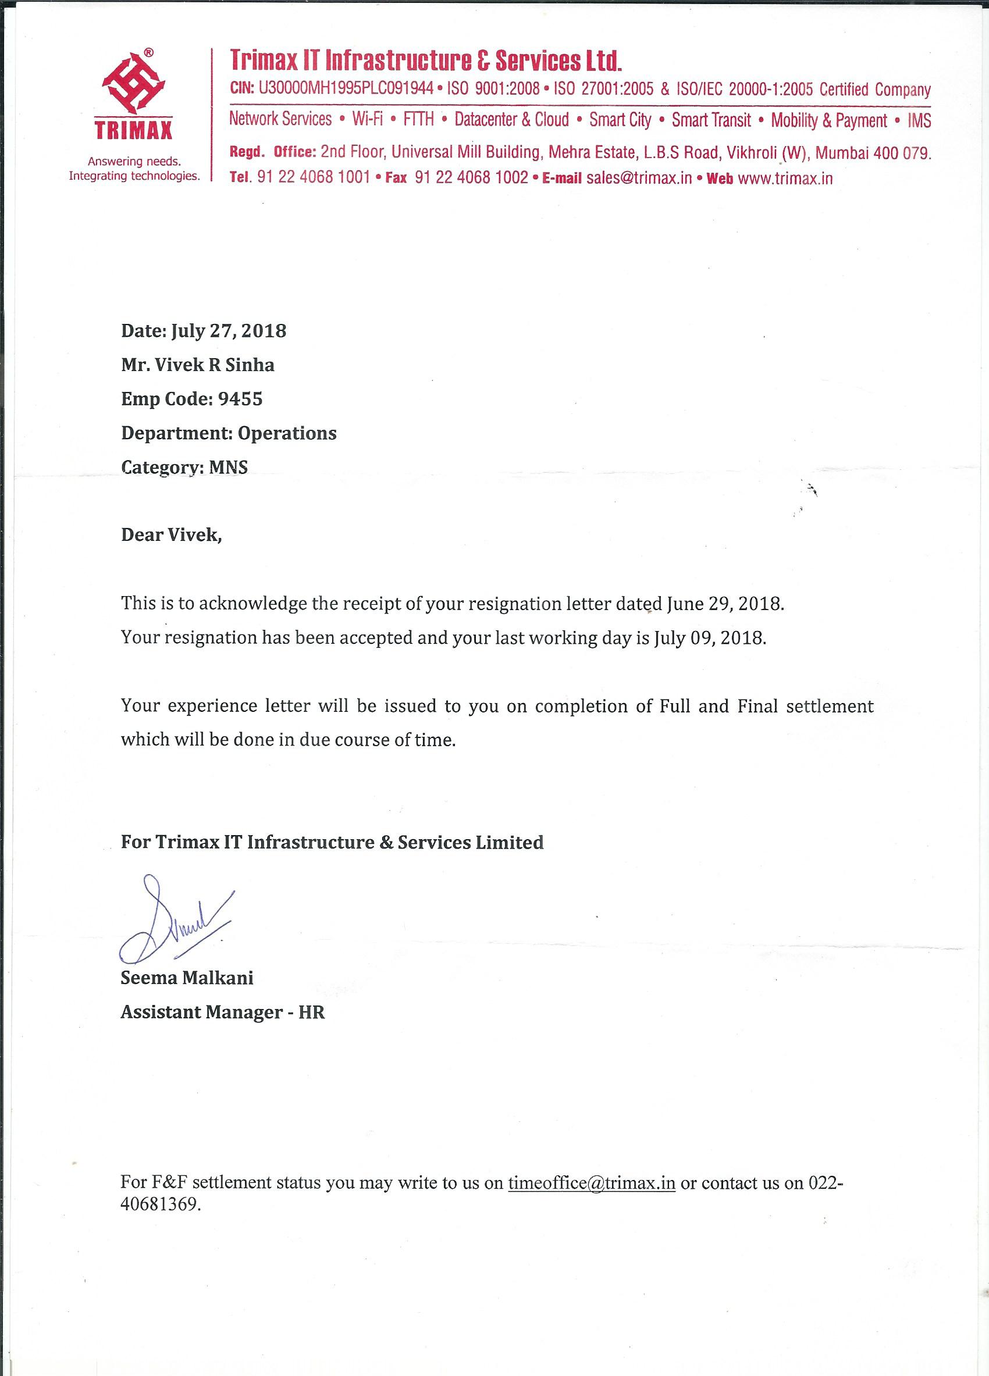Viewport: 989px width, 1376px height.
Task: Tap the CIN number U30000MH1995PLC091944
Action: [346, 89]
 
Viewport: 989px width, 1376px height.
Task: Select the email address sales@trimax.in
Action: [639, 179]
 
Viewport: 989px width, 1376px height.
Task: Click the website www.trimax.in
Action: [785, 179]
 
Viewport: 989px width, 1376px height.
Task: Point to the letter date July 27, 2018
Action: [229, 331]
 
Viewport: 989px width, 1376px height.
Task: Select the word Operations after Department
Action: [287, 433]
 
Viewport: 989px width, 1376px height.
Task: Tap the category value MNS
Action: [228, 468]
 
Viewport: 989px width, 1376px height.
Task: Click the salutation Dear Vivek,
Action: [172, 535]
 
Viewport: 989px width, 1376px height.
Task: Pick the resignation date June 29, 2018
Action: [725, 604]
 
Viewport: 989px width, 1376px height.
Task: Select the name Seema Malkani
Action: [187, 978]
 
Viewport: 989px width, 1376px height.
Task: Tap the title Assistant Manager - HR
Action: [223, 1012]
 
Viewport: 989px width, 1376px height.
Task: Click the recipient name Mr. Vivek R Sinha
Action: [198, 365]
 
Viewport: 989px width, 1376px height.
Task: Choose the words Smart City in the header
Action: [620, 120]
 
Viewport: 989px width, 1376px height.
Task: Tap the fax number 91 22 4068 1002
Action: [471, 179]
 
